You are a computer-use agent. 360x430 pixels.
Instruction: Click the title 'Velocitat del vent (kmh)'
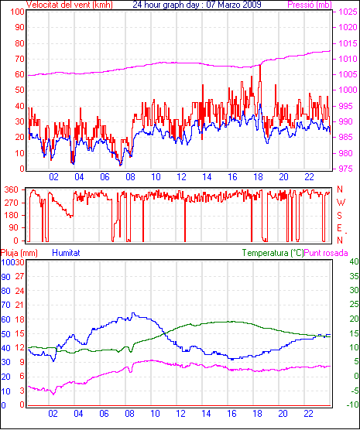(x=69, y=5)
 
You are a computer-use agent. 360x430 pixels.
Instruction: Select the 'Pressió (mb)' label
(x=310, y=5)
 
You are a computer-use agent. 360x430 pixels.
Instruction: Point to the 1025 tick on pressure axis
(x=348, y=12)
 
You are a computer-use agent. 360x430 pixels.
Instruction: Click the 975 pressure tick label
(x=347, y=169)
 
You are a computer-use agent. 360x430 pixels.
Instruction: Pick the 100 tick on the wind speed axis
(x=17, y=12)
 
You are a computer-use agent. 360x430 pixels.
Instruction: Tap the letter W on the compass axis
(x=341, y=203)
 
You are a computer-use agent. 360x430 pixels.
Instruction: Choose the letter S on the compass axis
(x=339, y=216)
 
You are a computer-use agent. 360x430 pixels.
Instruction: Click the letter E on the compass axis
(x=339, y=228)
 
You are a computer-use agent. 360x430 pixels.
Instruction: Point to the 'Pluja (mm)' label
(x=19, y=253)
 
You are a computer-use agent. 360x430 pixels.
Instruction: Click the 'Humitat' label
(x=66, y=253)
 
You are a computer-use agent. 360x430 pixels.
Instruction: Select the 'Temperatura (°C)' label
(x=273, y=253)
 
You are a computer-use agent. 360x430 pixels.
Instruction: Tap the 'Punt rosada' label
(x=326, y=253)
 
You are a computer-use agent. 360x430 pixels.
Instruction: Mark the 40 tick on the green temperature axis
(x=354, y=261)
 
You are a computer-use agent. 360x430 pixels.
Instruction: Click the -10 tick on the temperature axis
(x=352, y=404)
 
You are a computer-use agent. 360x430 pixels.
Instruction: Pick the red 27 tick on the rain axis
(x=20, y=276)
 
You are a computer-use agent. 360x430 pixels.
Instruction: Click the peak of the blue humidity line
(x=133, y=313)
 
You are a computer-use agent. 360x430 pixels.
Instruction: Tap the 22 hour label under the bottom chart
(x=308, y=413)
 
